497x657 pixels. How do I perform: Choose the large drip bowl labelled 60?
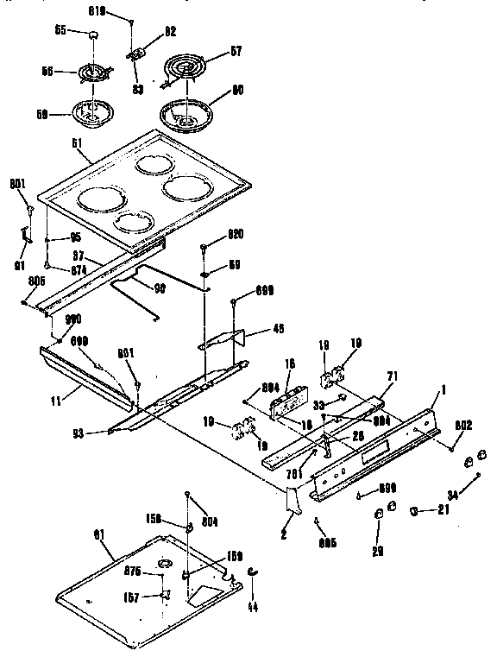[186, 113]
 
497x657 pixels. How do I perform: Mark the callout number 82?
[170, 31]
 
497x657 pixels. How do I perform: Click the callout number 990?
[62, 319]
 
